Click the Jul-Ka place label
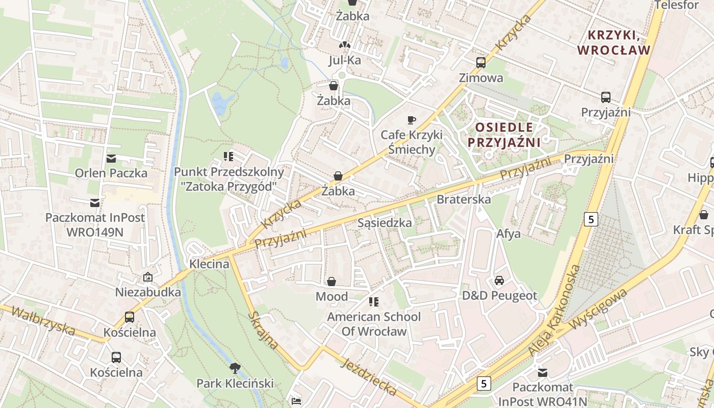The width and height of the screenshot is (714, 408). click(x=345, y=61)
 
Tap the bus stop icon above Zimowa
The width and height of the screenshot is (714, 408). click(x=480, y=63)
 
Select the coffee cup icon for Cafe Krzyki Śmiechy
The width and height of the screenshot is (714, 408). click(x=411, y=120)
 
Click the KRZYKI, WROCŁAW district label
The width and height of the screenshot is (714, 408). click(x=619, y=43)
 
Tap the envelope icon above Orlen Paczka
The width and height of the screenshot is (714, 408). click(x=111, y=159)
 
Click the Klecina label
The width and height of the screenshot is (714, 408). click(x=209, y=264)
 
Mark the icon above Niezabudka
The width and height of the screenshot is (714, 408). click(x=148, y=277)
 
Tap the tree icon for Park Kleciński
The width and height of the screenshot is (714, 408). click(x=235, y=368)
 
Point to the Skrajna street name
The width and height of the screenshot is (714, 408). click(x=263, y=330)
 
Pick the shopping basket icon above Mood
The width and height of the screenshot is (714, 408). click(x=331, y=282)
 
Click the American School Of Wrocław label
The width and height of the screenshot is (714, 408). click(x=374, y=324)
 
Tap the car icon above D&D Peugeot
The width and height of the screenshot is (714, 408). click(x=499, y=280)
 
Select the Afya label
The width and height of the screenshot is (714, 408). click(x=508, y=234)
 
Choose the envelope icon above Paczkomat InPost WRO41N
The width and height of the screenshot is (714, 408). click(x=542, y=373)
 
